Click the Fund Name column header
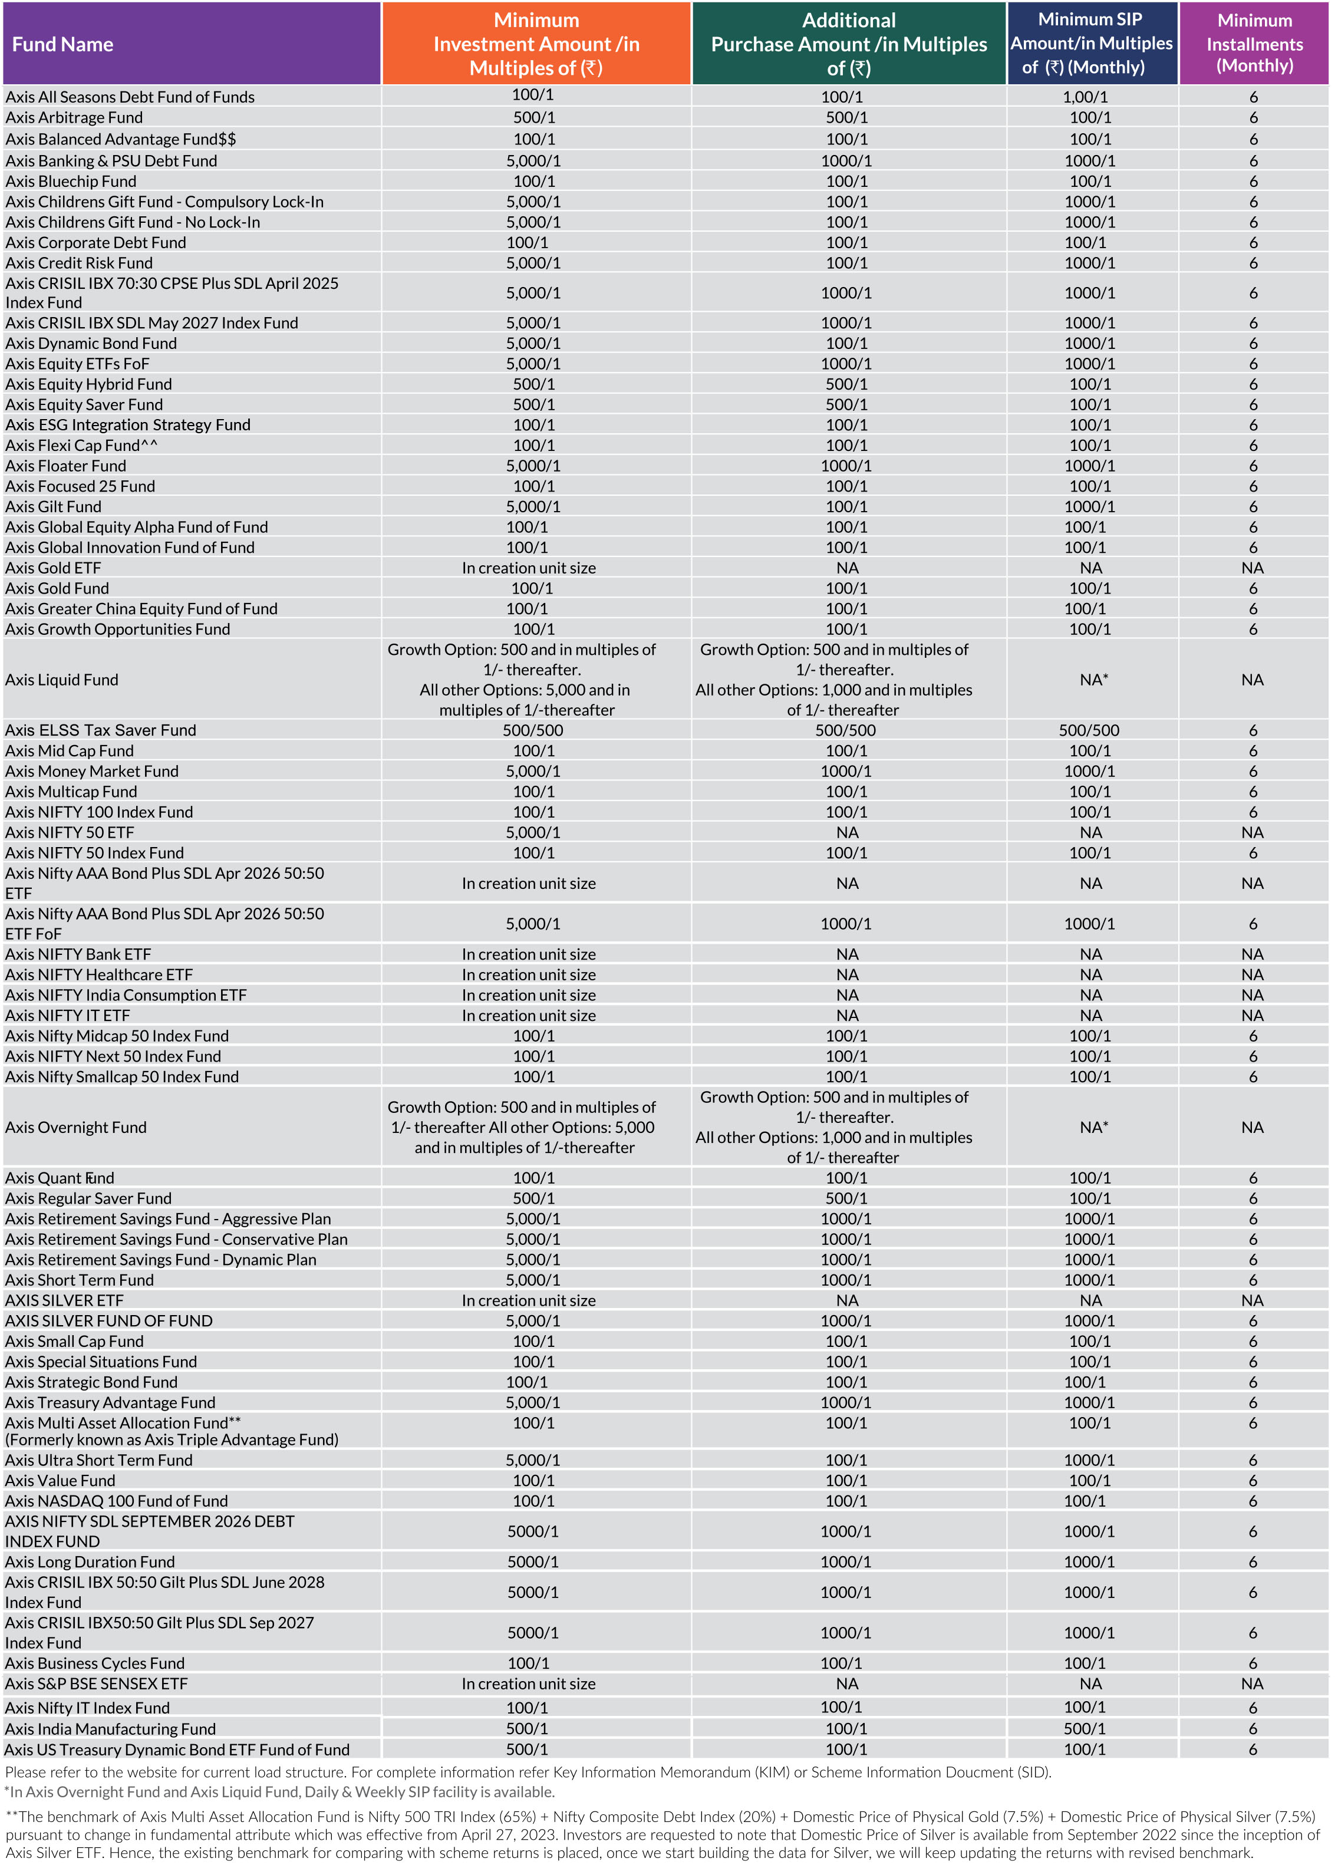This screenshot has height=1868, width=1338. tap(62, 44)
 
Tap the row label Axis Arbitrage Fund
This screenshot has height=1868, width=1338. tap(74, 118)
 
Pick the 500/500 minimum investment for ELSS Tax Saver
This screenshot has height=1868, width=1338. tap(533, 730)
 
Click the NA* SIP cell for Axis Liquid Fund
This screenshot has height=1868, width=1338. tap(1093, 680)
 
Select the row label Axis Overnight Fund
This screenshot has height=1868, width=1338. tap(76, 1128)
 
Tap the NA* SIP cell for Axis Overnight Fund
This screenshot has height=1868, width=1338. tap(1093, 1128)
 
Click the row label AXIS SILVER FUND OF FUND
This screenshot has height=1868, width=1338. tap(108, 1321)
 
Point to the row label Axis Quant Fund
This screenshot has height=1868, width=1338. tap(60, 1178)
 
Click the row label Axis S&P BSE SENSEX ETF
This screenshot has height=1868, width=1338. tap(96, 1684)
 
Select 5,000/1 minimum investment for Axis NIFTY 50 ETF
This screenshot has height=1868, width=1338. tap(533, 833)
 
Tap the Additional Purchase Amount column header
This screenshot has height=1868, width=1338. tap(848, 44)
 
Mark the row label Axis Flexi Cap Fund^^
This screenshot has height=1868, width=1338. tap(81, 446)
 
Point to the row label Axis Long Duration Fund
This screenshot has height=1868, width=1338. tap(90, 1563)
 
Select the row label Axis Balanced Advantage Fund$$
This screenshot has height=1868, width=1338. tap(120, 139)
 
